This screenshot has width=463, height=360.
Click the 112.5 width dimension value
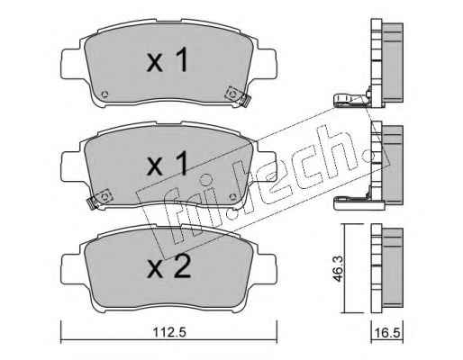click(169, 332)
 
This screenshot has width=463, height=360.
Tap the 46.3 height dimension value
click(339, 269)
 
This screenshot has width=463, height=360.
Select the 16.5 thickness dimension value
click(387, 333)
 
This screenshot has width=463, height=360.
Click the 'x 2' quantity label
click(168, 267)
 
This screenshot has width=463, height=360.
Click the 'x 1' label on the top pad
click(168, 61)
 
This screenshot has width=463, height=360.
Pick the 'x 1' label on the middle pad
click(168, 164)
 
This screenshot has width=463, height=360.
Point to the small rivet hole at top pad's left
click(104, 94)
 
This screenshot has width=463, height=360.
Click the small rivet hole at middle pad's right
click(232, 197)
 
